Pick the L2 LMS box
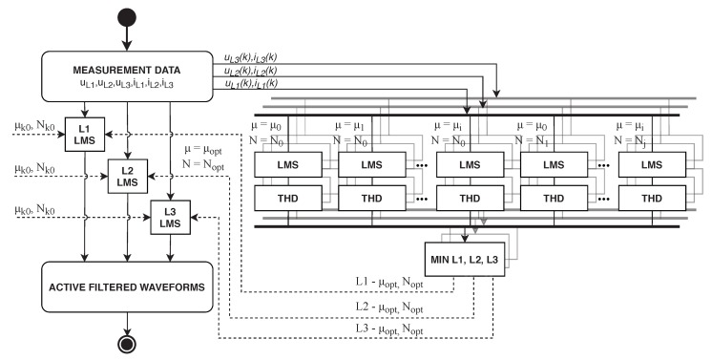[x=126, y=175]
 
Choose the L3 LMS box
[x=170, y=216]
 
